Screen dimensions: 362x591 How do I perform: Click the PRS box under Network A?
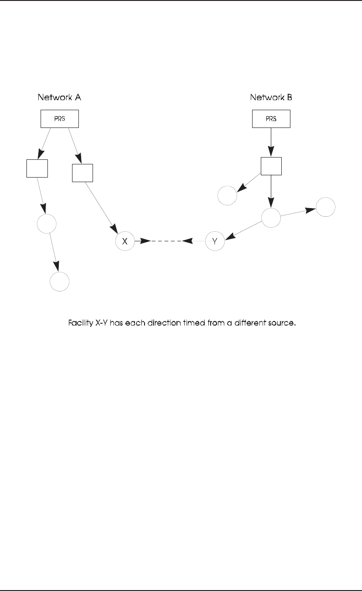[x=60, y=119]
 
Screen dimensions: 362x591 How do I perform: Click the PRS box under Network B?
[x=271, y=119]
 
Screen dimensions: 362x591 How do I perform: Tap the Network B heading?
[x=271, y=97]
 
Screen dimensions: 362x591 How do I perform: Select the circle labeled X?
[x=125, y=241]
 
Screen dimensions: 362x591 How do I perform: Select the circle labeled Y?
[x=215, y=241]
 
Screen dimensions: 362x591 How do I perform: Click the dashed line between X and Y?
[x=166, y=241]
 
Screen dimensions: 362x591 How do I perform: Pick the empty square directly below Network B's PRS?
[x=271, y=166]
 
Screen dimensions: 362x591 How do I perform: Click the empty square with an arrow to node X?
[x=83, y=173]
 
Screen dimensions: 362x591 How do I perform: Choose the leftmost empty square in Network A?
[x=37, y=168]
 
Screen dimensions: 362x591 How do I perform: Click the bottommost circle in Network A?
[x=60, y=281]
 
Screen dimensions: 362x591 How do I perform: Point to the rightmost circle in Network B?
[x=326, y=207]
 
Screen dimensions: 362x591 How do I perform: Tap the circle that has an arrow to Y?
[x=271, y=218]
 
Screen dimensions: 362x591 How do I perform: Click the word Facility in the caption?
[x=80, y=324]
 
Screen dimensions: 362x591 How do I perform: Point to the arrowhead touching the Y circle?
[x=229, y=237]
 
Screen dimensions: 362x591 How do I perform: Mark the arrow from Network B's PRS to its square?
[x=271, y=142]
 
